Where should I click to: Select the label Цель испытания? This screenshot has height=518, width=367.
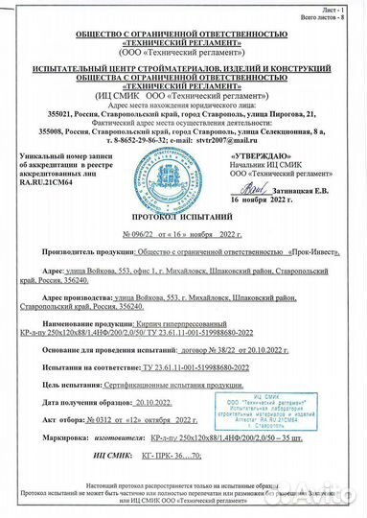pyautogui.click(x=74, y=382)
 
